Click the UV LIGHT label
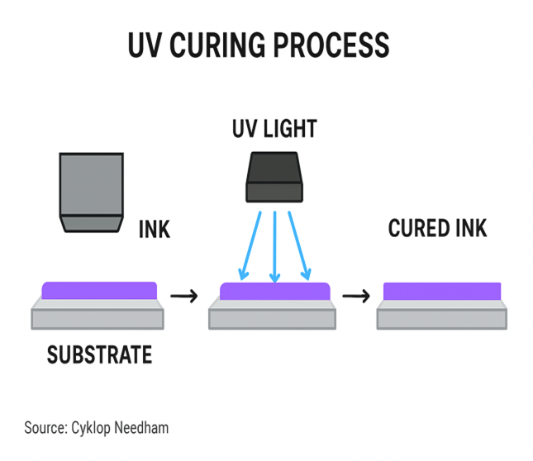[274, 129]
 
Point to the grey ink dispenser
[91, 190]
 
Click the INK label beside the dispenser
[154, 229]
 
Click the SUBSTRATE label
[99, 356]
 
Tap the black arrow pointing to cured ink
[355, 295]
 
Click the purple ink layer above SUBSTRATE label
[99, 290]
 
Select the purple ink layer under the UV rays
[274, 292]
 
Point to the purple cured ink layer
[442, 292]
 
